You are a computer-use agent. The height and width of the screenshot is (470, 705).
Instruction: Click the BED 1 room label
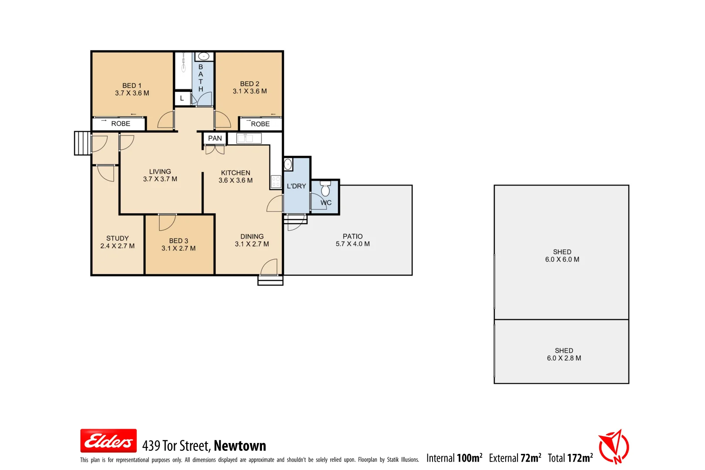pyautogui.click(x=132, y=86)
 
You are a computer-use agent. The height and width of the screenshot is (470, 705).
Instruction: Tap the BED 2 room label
pyautogui.click(x=249, y=84)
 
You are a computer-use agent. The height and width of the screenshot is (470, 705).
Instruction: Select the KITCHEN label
pyautogui.click(x=235, y=173)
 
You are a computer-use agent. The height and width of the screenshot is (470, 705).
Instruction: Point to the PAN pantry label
pyautogui.click(x=215, y=138)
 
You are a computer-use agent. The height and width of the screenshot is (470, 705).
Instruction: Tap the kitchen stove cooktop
pyautogui.click(x=276, y=181)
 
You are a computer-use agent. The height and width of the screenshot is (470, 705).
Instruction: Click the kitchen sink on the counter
pyautogui.click(x=248, y=138)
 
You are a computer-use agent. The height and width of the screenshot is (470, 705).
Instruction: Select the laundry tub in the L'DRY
pyautogui.click(x=288, y=164)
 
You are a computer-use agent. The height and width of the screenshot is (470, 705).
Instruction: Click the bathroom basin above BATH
pyautogui.click(x=204, y=56)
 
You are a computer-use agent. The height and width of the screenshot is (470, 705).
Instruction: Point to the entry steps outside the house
pyautogui.click(x=82, y=143)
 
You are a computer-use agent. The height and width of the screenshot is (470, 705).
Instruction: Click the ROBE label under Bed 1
pyautogui.click(x=121, y=124)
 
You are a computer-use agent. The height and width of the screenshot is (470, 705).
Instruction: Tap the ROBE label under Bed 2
pyautogui.click(x=260, y=124)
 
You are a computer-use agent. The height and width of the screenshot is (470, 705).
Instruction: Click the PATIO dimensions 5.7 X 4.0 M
pyautogui.click(x=352, y=244)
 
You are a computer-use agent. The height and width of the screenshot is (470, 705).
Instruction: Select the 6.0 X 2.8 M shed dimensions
pyautogui.click(x=564, y=358)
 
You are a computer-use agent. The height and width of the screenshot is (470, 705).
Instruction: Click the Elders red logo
pyautogui.click(x=108, y=441)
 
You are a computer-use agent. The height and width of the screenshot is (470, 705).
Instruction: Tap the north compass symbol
pyautogui.click(x=614, y=446)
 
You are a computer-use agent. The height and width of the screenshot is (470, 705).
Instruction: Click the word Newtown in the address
pyautogui.click(x=240, y=446)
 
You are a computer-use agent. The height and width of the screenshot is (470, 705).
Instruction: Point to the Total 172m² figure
pyautogui.click(x=570, y=458)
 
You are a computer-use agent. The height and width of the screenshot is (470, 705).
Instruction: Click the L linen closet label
pyautogui.click(x=182, y=98)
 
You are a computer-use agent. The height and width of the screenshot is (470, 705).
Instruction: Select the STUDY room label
pyautogui.click(x=117, y=238)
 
